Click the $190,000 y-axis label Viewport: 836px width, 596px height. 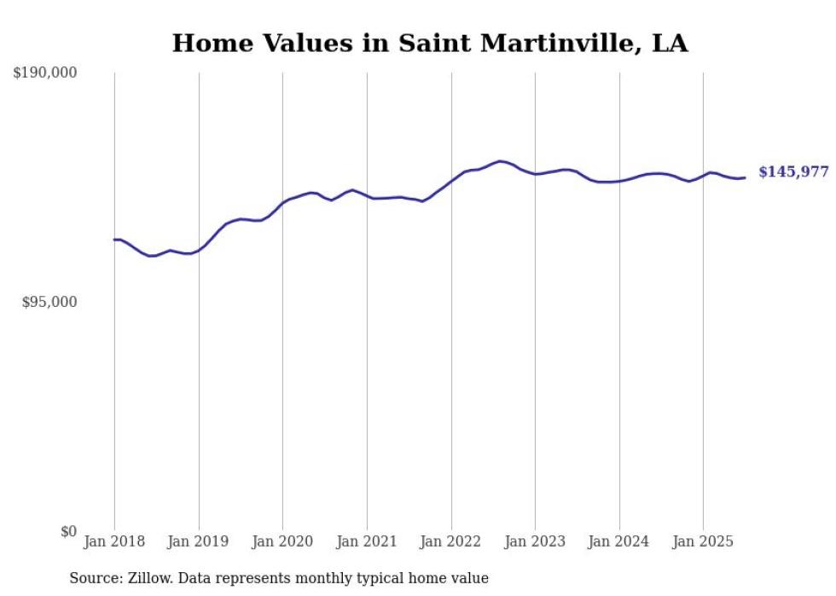pyautogui.click(x=45, y=73)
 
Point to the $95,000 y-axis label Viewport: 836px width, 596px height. pyautogui.click(x=49, y=302)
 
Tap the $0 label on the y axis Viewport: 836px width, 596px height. pyautogui.click(x=69, y=531)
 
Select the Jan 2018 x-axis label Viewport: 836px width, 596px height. pyautogui.click(x=114, y=541)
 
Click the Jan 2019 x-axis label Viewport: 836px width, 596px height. pyautogui.click(x=199, y=541)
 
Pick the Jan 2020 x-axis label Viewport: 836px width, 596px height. pyautogui.click(x=282, y=541)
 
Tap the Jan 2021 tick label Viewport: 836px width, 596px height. pyautogui.click(x=367, y=541)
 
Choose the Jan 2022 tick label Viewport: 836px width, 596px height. pyautogui.click(x=451, y=541)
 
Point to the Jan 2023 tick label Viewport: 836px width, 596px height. pyautogui.click(x=535, y=541)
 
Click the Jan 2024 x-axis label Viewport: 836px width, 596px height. pyautogui.click(x=619, y=541)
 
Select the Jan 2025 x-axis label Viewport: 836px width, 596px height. pyautogui.click(x=703, y=541)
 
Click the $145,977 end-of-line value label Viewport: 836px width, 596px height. pyautogui.click(x=793, y=172)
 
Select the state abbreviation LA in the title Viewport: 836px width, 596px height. pyautogui.click(x=670, y=43)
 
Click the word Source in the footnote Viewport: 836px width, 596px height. pyautogui.click(x=93, y=578)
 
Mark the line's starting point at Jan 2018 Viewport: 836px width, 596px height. pyautogui.click(x=114, y=240)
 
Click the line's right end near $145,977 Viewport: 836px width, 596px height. pyautogui.click(x=745, y=177)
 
